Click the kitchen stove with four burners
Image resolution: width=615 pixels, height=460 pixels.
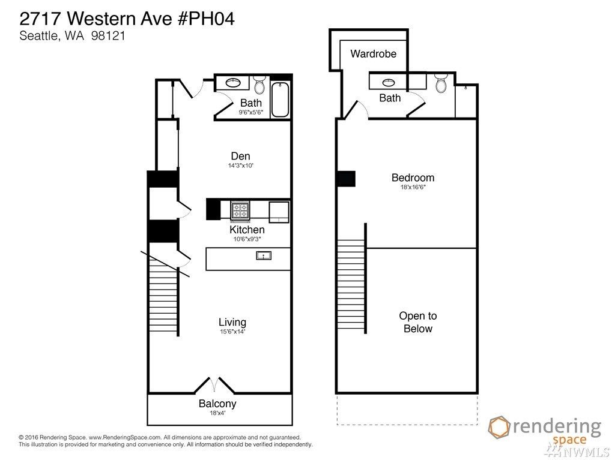(x=240, y=211)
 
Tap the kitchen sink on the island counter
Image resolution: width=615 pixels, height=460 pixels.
(x=264, y=256)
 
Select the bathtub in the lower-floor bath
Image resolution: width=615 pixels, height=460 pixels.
(x=280, y=100)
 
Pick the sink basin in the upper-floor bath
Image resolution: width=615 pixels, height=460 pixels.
(x=389, y=82)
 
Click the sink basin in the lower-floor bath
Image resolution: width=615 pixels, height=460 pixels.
(x=234, y=83)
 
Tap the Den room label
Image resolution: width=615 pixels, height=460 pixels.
(x=240, y=156)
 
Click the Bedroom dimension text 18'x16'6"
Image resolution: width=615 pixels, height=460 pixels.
(x=413, y=187)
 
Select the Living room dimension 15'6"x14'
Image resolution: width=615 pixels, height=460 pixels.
(x=232, y=332)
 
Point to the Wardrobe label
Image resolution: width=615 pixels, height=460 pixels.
(x=374, y=54)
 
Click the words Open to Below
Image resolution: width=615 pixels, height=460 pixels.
(x=418, y=322)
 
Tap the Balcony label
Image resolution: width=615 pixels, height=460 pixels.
(x=217, y=404)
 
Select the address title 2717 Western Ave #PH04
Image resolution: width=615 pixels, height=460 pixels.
(x=127, y=19)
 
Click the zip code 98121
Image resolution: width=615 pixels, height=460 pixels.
(x=108, y=36)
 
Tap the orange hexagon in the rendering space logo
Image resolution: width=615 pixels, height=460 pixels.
(x=499, y=428)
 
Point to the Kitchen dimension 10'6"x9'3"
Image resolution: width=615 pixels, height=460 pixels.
(x=247, y=239)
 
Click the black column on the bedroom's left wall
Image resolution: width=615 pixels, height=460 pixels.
(x=345, y=179)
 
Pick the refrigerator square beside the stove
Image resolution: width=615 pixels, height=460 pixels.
(x=279, y=212)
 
